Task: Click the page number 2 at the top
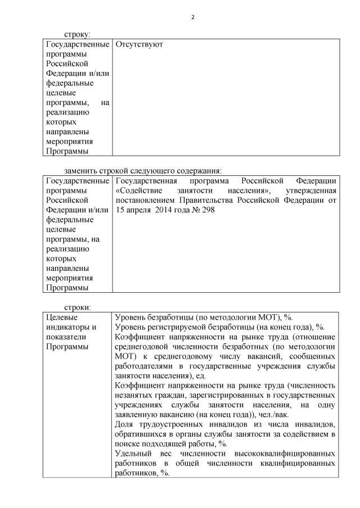pos(192,17)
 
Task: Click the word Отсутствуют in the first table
pos(139,44)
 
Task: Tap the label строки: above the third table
pos(77,307)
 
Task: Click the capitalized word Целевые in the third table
pos(58,317)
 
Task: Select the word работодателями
pos(145,366)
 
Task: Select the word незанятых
pos(132,395)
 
